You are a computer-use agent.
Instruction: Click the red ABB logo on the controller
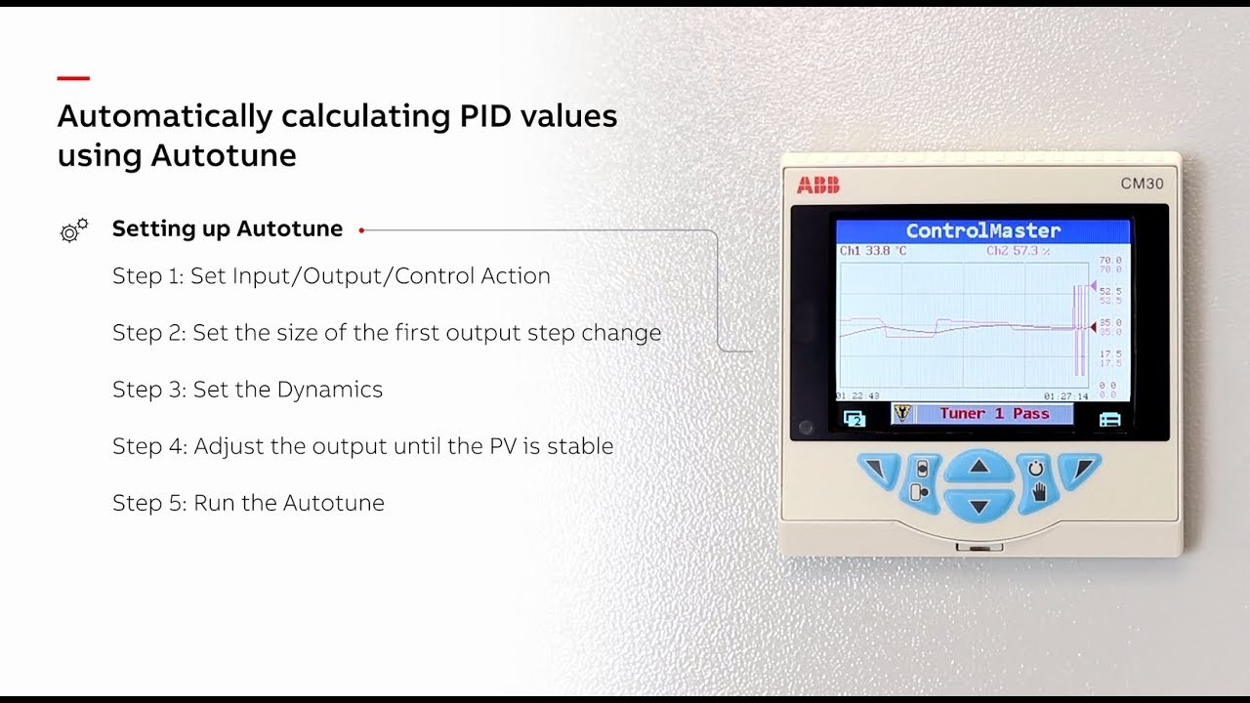(x=817, y=185)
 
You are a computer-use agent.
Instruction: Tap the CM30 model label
(x=1142, y=184)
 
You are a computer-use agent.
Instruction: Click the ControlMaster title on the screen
(x=982, y=231)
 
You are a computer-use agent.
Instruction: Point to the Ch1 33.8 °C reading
(x=874, y=252)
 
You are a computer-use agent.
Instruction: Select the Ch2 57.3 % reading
(x=1018, y=252)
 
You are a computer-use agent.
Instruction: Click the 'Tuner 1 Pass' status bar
(x=993, y=414)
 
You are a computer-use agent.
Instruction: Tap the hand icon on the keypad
(x=1038, y=493)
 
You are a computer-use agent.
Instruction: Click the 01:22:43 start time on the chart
(x=857, y=396)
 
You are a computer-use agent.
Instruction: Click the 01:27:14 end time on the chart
(x=1065, y=396)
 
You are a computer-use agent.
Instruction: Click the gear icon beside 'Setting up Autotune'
(x=73, y=230)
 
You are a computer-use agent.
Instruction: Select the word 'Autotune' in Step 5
(x=337, y=504)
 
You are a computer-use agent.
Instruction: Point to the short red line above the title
(x=73, y=78)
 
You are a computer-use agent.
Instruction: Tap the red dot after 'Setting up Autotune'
(x=361, y=230)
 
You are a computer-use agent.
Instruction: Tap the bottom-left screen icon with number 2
(x=854, y=419)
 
